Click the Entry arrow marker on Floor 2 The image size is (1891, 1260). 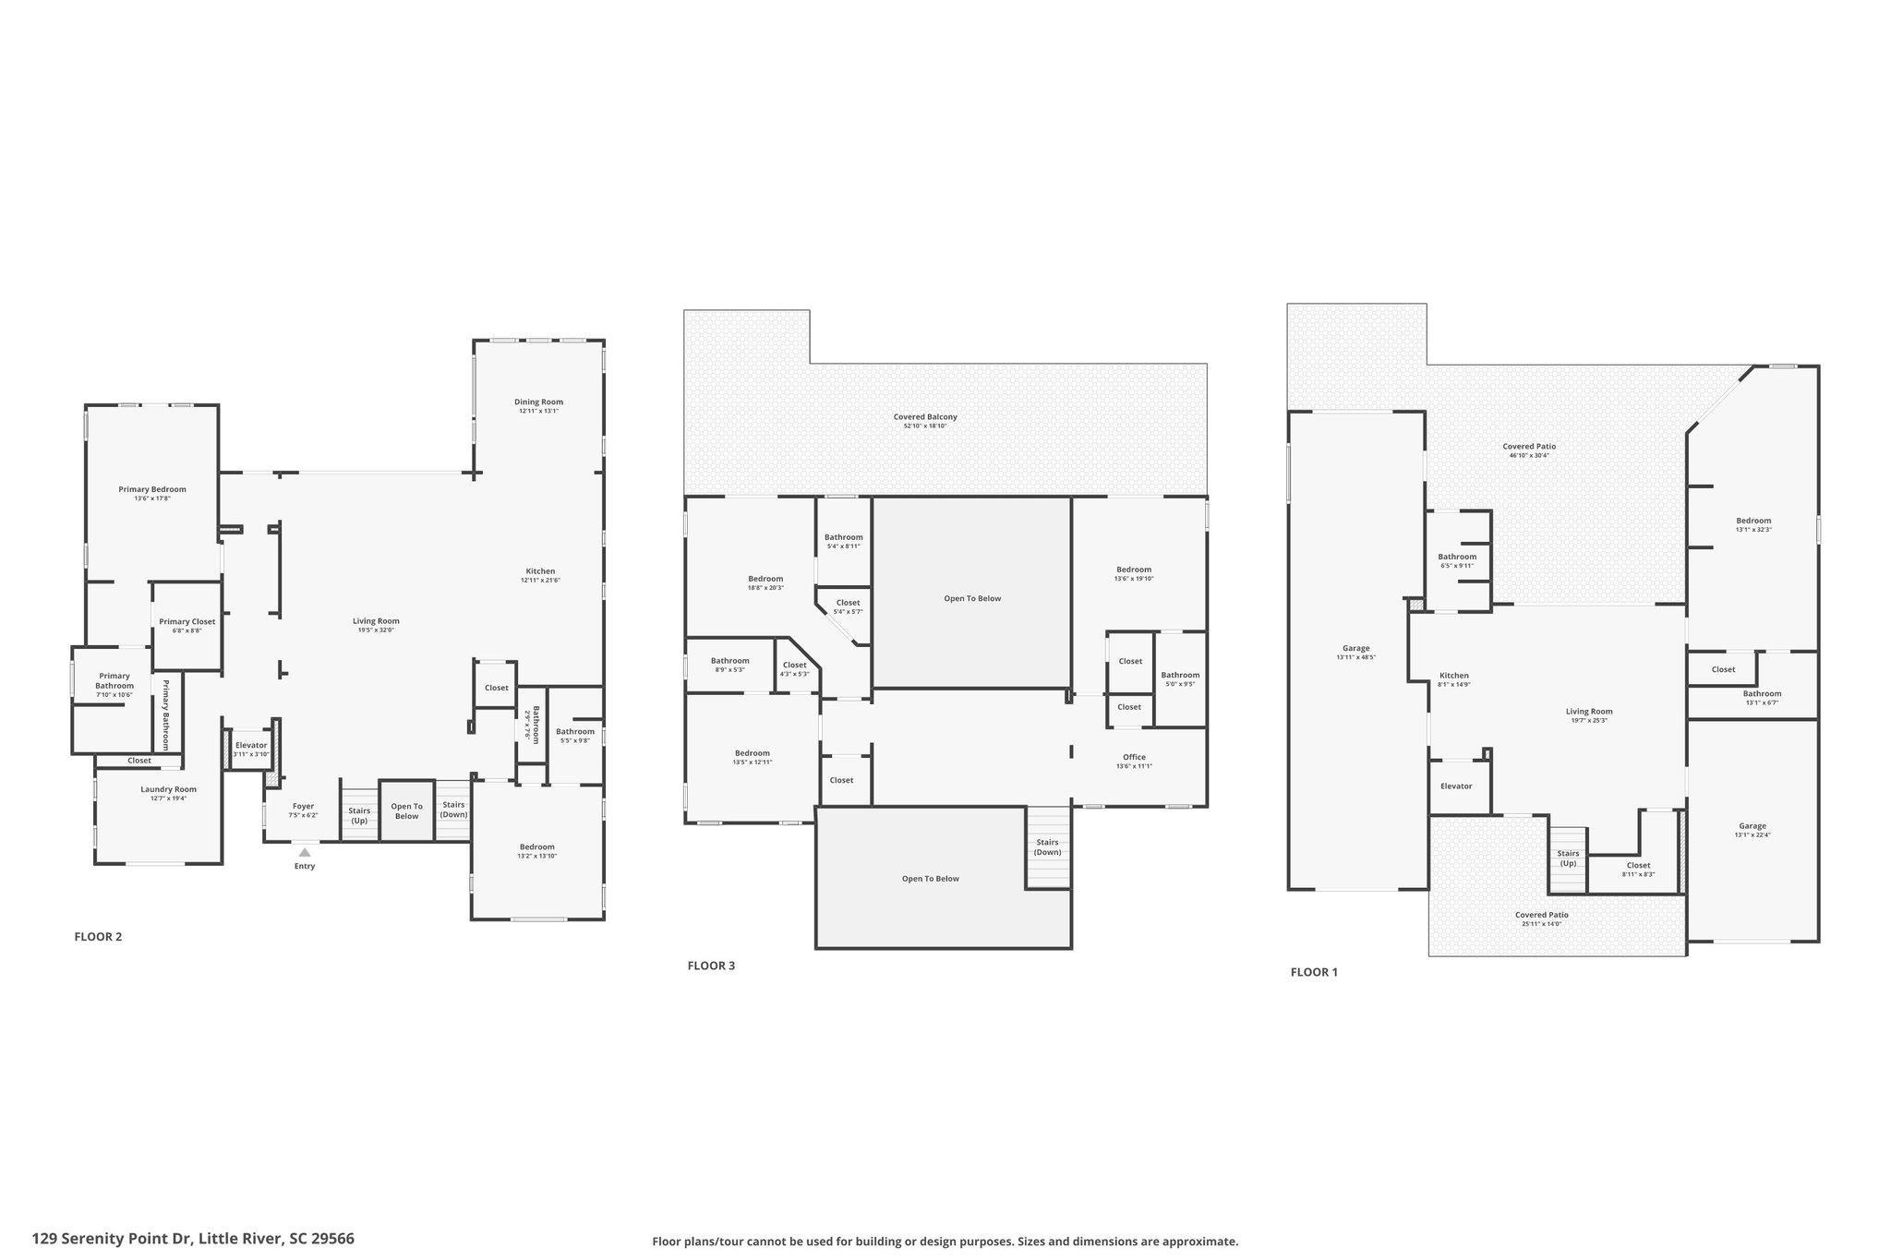click(x=305, y=852)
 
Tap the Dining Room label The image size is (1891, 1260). click(x=538, y=402)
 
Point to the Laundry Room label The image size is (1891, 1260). click(x=168, y=789)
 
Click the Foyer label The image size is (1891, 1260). click(x=303, y=807)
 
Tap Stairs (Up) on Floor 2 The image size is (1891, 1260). click(x=359, y=815)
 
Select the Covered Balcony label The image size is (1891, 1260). click(x=925, y=417)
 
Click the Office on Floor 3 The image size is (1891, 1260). click(x=1134, y=758)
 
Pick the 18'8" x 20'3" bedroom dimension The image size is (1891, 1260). click(x=765, y=588)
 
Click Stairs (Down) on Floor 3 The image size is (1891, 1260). click(x=1047, y=846)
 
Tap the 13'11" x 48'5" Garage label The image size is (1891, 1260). click(x=1355, y=649)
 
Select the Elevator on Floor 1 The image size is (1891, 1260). click(x=1456, y=786)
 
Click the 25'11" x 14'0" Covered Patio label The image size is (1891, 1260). click(x=1541, y=916)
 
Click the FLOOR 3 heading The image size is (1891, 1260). click(x=711, y=966)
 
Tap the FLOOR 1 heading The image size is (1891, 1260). click(x=1314, y=972)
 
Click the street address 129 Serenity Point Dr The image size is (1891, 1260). click(x=193, y=1239)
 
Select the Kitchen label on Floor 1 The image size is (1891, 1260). click(x=1453, y=676)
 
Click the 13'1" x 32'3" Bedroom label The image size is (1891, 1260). click(x=1753, y=521)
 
